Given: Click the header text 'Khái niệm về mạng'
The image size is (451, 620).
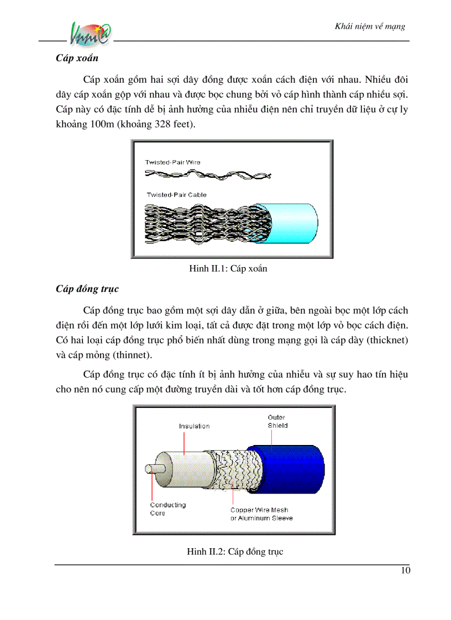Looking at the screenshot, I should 370,26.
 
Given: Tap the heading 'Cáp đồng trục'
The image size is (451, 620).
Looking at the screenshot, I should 87,289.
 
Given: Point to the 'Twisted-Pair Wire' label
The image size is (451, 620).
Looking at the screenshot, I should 172,162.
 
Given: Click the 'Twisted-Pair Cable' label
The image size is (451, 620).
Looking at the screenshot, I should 176,195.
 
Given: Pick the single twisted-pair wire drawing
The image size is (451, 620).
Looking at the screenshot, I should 208,176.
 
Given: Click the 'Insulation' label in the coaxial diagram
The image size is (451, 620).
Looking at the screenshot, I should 194,426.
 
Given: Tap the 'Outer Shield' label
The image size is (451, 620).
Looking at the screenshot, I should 277,422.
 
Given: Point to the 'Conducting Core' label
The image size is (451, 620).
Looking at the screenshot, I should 168,509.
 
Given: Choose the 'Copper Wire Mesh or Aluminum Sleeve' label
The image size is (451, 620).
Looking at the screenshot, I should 261,514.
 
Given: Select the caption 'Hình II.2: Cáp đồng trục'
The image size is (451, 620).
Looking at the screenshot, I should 234,552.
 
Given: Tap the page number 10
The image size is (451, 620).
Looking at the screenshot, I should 406,571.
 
